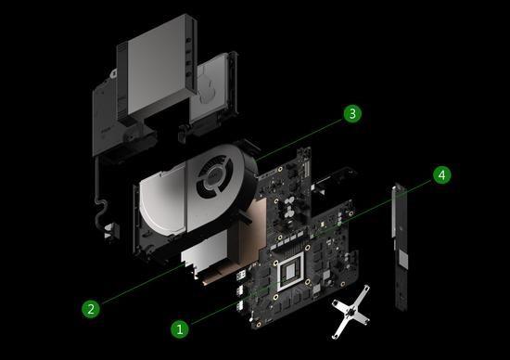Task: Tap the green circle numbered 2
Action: point(91,308)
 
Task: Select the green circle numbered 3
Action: point(351,114)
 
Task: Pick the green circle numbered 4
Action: point(442,174)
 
